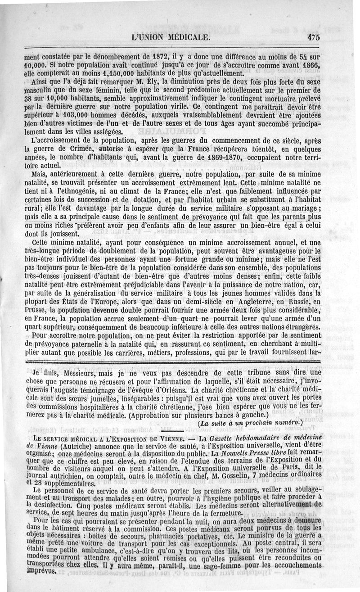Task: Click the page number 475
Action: (x=311, y=38)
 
